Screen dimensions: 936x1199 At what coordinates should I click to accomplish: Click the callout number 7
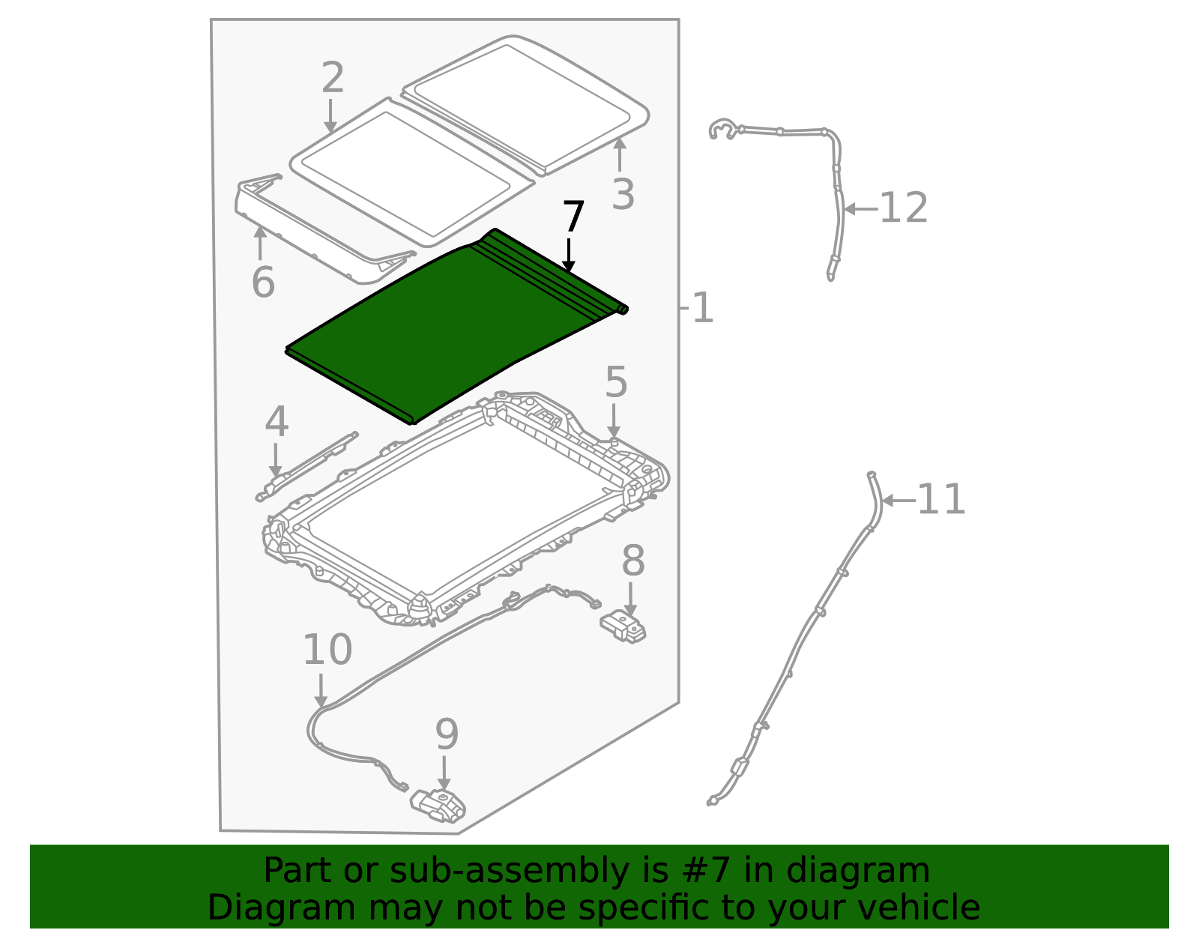click(573, 218)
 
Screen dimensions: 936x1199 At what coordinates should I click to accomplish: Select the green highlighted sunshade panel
click(450, 330)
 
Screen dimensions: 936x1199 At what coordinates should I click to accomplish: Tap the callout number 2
click(333, 78)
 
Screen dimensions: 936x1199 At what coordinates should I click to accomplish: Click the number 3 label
click(623, 194)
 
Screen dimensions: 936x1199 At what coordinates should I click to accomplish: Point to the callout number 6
click(263, 283)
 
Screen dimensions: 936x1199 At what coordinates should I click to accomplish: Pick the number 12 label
click(904, 208)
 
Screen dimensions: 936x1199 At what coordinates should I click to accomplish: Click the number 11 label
click(941, 499)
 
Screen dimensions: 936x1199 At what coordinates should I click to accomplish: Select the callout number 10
click(327, 650)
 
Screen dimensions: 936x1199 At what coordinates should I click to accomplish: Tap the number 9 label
click(447, 734)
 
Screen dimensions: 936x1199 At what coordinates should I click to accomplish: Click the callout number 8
click(633, 561)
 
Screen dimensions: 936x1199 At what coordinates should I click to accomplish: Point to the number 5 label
click(616, 382)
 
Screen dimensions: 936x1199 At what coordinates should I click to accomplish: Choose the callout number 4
click(277, 421)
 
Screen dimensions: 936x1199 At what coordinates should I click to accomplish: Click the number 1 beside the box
click(702, 308)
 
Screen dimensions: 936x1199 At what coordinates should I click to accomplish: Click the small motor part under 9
click(438, 806)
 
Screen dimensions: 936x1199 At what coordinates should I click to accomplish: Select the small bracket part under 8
click(623, 626)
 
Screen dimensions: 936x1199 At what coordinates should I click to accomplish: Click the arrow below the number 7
click(569, 256)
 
